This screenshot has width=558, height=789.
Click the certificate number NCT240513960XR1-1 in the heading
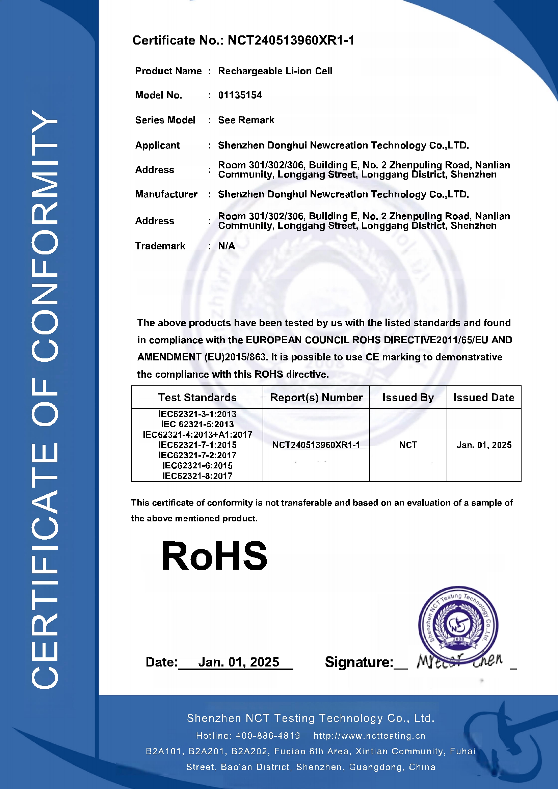click(291, 40)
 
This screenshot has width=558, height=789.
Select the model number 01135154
click(240, 95)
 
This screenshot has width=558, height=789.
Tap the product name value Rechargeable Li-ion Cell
click(275, 71)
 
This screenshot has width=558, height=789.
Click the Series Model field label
click(165, 120)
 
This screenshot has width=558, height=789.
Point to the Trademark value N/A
click(227, 246)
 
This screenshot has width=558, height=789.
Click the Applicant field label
click(157, 145)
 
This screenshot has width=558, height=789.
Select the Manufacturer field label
click(166, 194)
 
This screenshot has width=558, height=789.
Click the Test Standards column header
click(197, 398)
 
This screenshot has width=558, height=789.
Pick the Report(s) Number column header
click(316, 398)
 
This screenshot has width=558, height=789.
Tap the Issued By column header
click(408, 398)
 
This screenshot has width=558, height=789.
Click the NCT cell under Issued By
click(408, 445)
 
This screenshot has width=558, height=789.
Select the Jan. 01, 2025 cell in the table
click(484, 445)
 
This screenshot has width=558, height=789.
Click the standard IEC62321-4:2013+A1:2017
click(197, 435)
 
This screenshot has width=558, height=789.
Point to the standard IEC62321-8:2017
click(197, 476)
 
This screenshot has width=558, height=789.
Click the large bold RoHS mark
click(214, 556)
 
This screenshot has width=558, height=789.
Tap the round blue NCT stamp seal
click(458, 624)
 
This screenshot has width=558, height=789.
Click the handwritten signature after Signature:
click(459, 660)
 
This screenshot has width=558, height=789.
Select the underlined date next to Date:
click(239, 662)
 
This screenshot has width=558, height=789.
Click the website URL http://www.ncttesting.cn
click(369, 736)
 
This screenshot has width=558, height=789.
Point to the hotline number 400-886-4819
click(268, 736)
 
